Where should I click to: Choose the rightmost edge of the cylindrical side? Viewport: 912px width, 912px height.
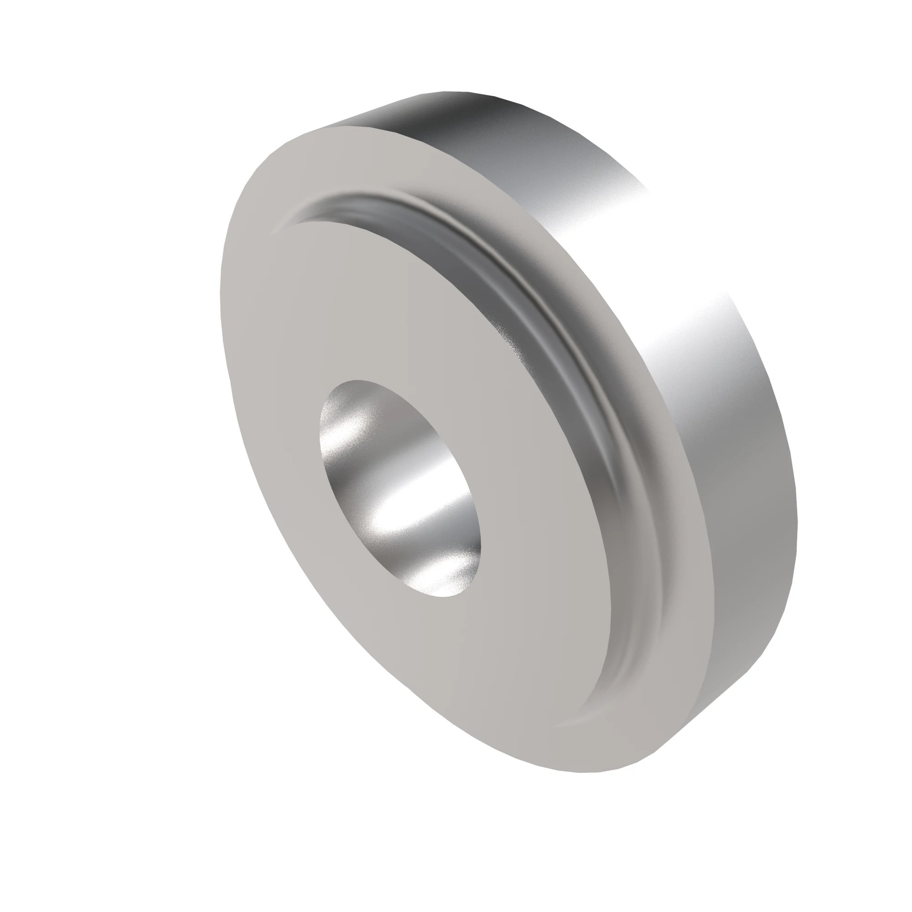[x=797, y=519]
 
